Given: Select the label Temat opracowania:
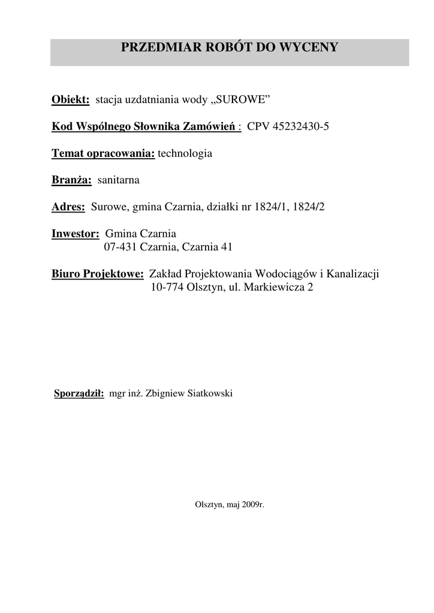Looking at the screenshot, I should coord(103,153).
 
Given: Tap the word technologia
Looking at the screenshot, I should coord(185,153).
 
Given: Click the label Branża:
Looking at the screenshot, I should coord(71,180).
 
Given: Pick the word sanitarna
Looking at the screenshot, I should coord(118,180).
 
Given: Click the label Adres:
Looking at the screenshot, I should coord(68,207).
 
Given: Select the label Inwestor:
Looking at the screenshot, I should coord(75,233).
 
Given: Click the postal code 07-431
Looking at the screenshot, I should coord(120,247).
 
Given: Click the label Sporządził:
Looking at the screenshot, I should coord(79,393).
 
